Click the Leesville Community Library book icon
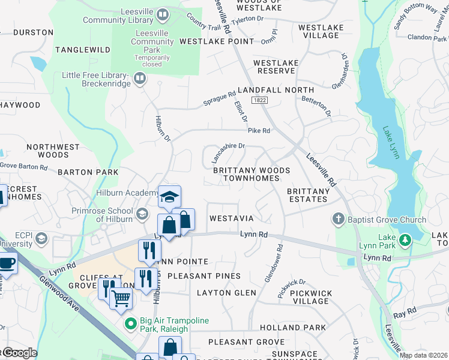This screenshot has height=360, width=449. [x=162, y=14]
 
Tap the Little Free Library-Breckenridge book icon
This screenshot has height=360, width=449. [x=139, y=78]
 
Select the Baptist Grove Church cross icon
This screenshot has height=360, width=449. [x=339, y=220]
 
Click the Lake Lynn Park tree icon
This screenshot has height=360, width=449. [x=405, y=239]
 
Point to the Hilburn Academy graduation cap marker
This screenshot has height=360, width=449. [x=170, y=197]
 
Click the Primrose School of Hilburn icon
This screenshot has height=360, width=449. [x=142, y=214]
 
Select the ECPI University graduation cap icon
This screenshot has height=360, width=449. [x=41, y=239]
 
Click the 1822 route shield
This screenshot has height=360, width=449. [x=259, y=101]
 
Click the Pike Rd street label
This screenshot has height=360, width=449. [x=259, y=130]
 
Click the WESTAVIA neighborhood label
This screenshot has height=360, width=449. [x=231, y=218]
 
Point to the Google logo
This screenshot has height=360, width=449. [x=19, y=353]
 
